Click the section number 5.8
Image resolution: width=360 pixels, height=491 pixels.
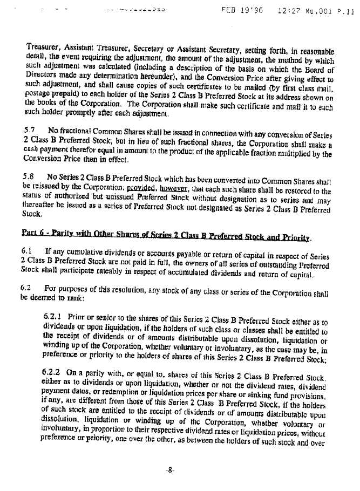(30, 176)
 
